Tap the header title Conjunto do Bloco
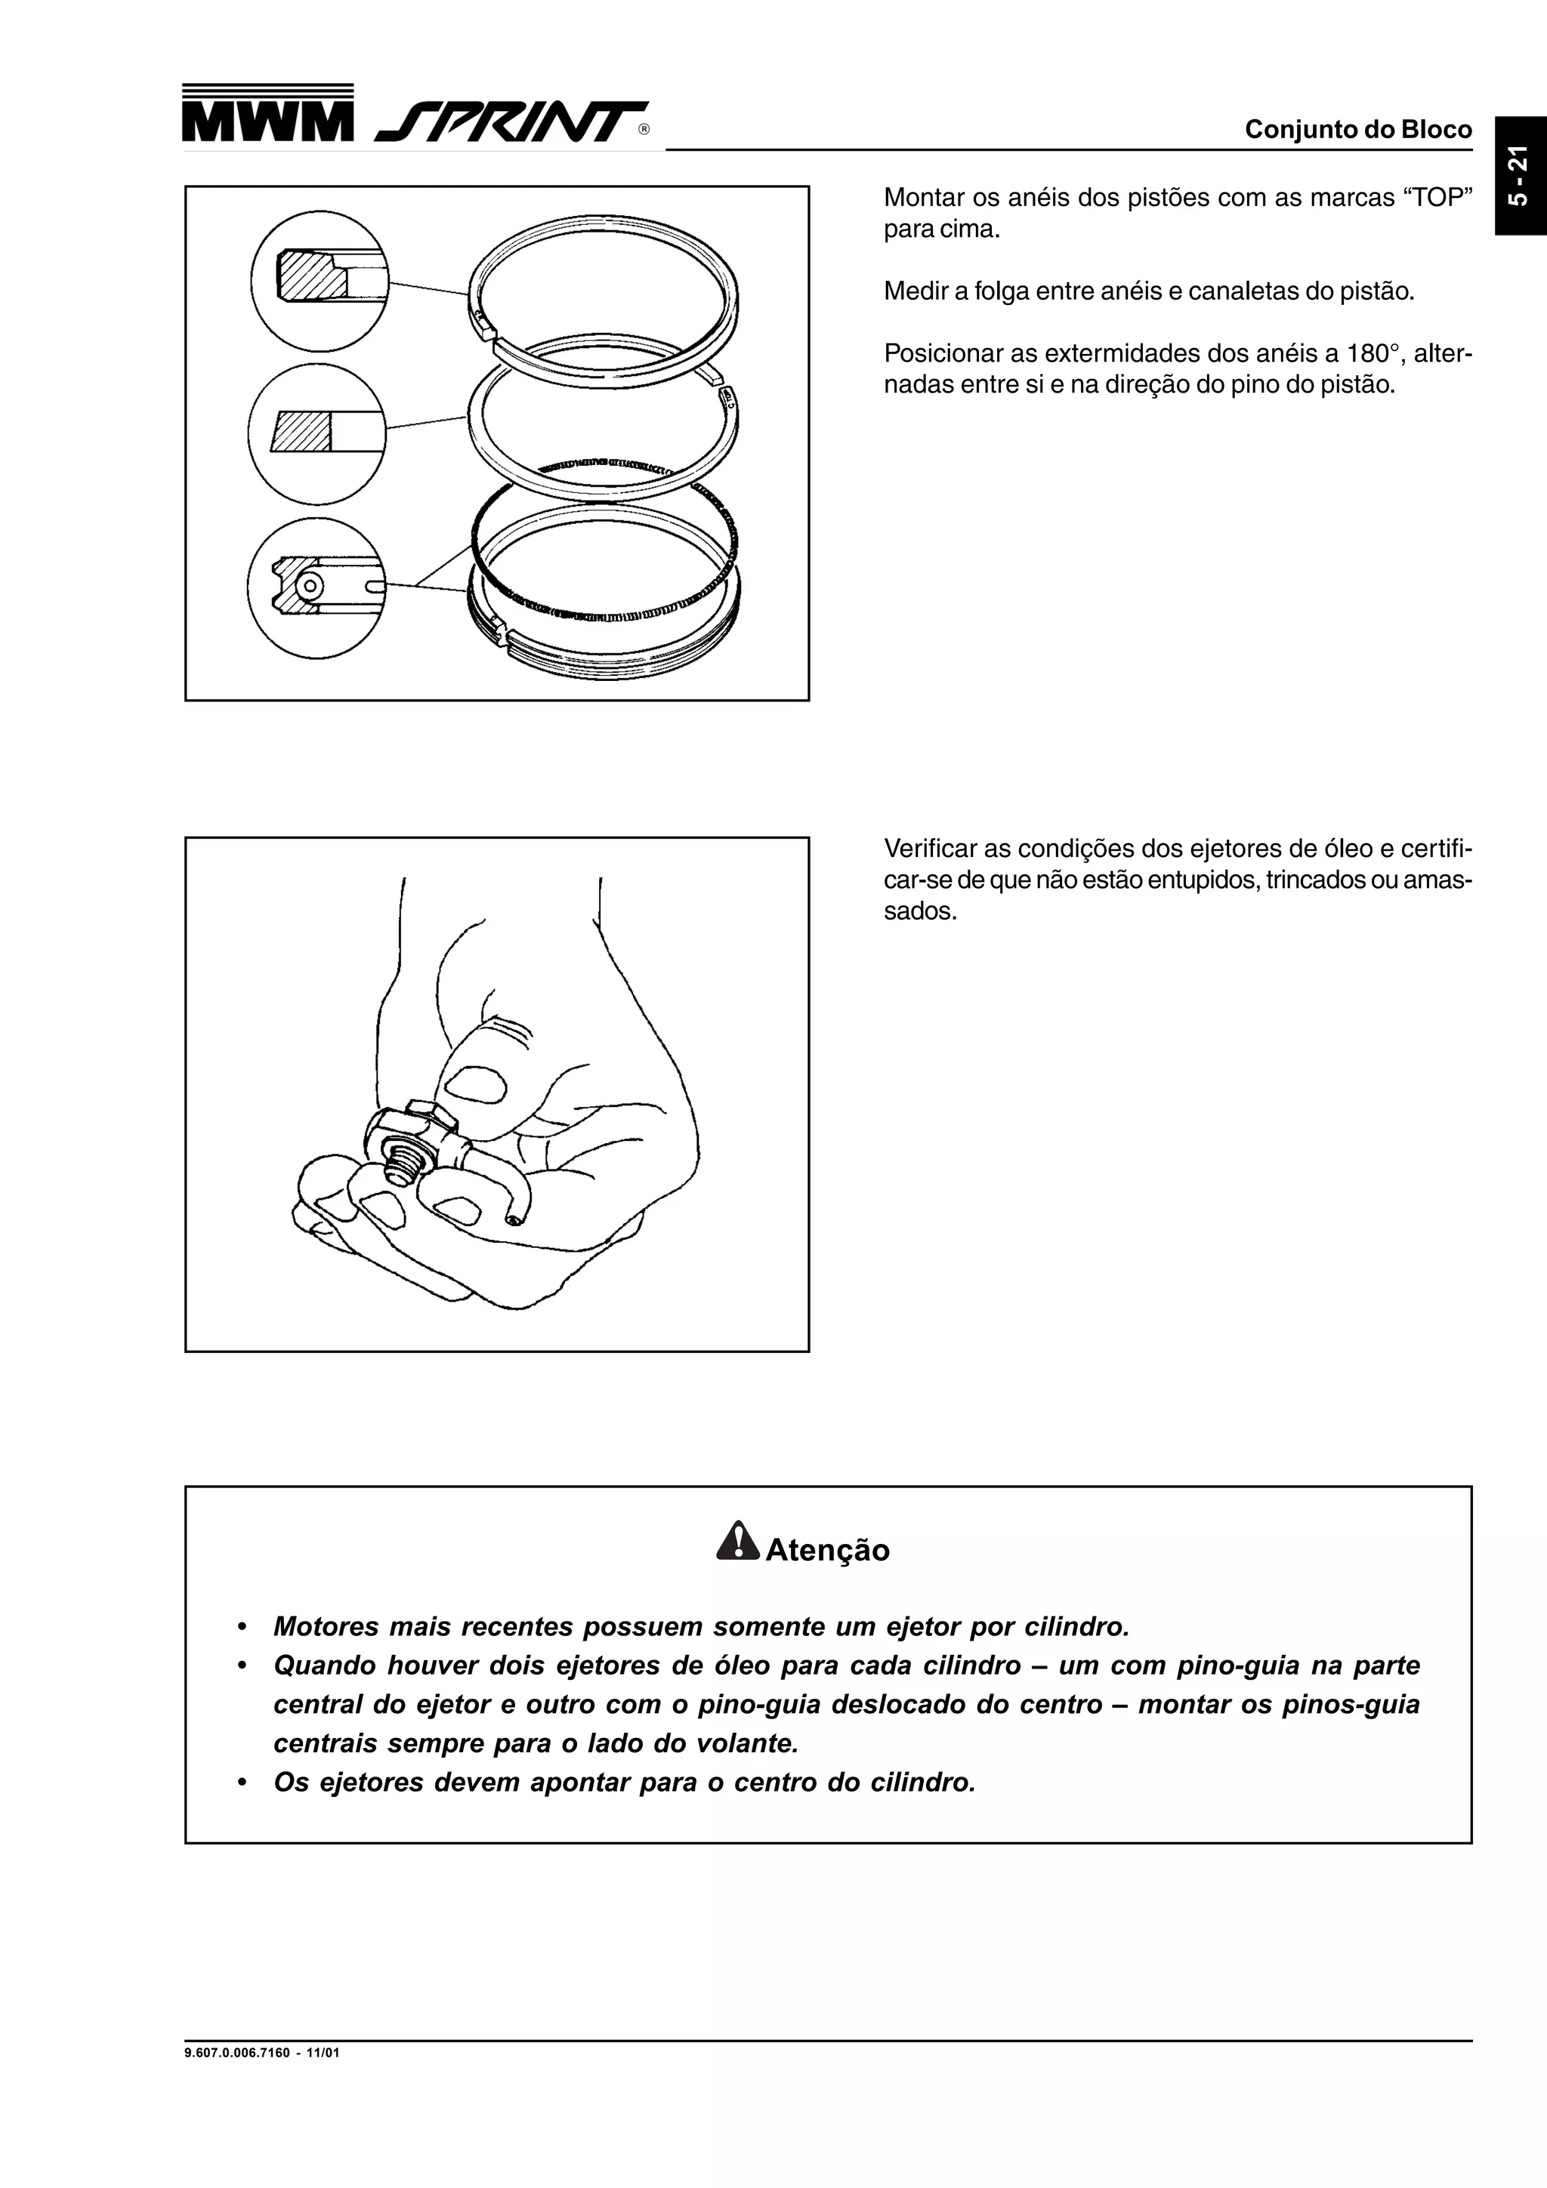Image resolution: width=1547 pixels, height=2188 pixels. click(x=1357, y=130)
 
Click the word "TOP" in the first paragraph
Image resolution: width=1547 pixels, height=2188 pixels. click(x=1434, y=199)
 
